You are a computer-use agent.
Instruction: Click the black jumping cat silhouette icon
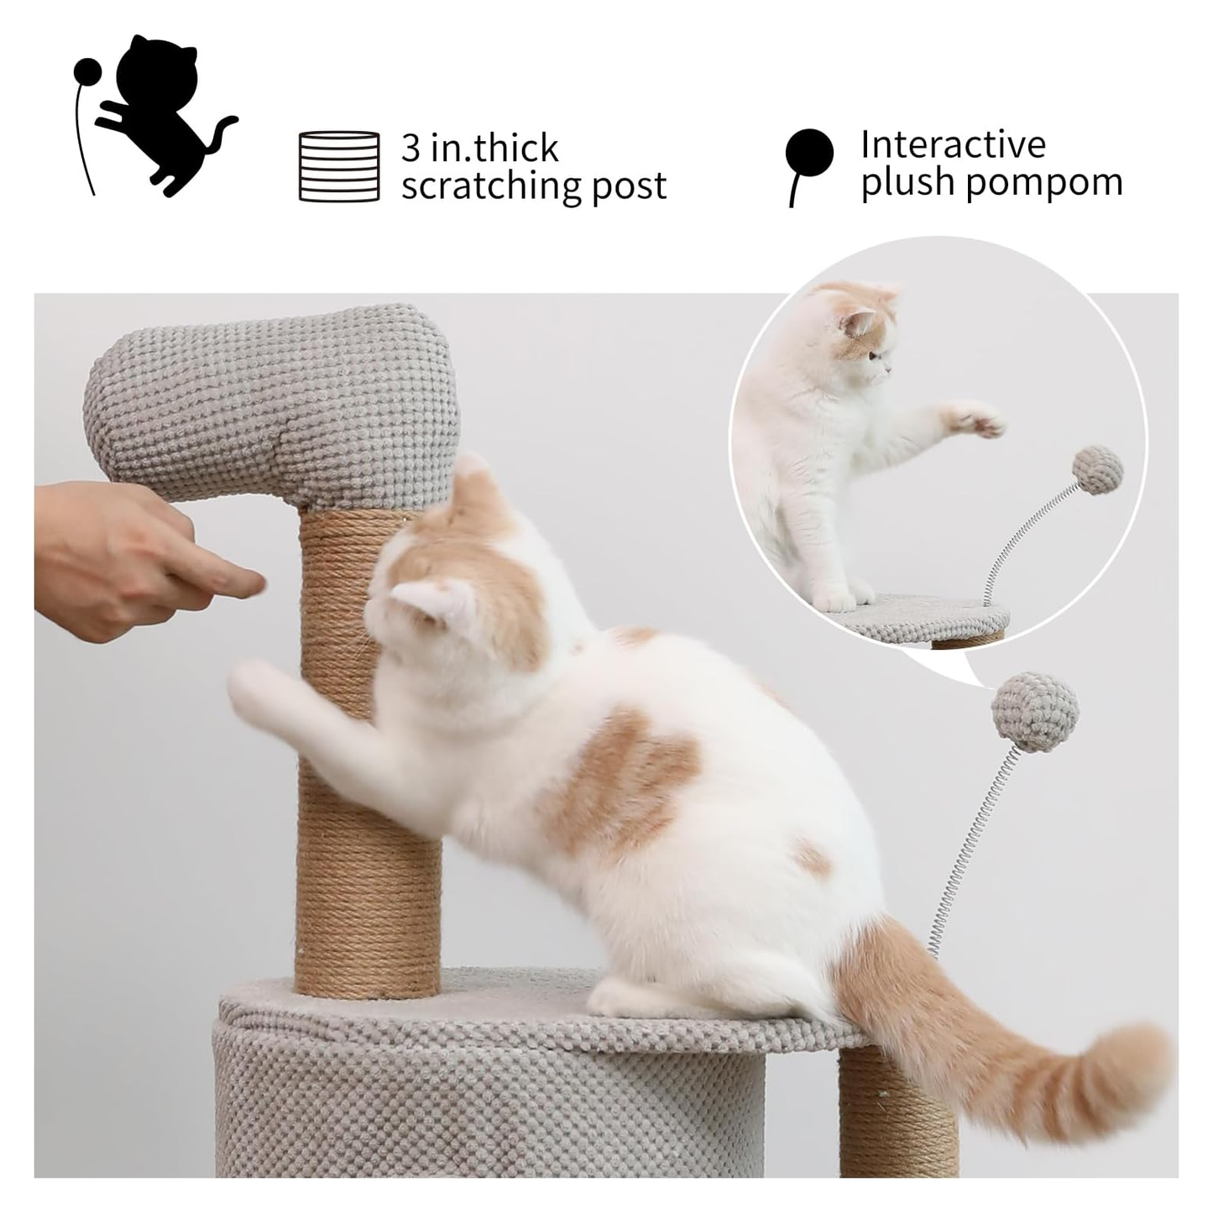click(x=159, y=113)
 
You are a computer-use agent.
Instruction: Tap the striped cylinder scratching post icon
click(x=339, y=165)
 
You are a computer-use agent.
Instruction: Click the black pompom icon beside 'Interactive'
click(x=808, y=154)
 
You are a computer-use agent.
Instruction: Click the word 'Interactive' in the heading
click(x=953, y=144)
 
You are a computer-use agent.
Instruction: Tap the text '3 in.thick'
click(x=479, y=148)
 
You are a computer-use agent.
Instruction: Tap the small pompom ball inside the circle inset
click(x=1098, y=472)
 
